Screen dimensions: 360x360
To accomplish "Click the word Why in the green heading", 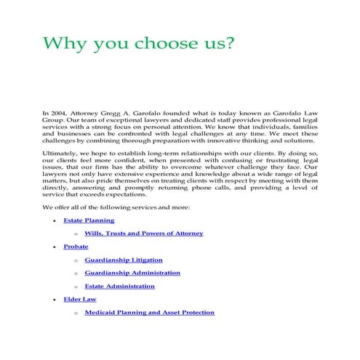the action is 63,44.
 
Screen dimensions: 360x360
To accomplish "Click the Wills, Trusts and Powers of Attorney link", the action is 143,233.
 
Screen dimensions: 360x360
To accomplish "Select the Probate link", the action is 76,247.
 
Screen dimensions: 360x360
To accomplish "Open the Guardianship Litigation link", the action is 124,260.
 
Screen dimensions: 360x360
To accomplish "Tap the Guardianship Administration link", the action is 132,273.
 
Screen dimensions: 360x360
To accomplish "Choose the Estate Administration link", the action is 119,286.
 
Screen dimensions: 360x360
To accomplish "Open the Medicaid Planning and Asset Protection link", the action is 149,312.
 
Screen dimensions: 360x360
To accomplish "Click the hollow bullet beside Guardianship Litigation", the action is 76,260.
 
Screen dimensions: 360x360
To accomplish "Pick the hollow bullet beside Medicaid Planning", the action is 76,313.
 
